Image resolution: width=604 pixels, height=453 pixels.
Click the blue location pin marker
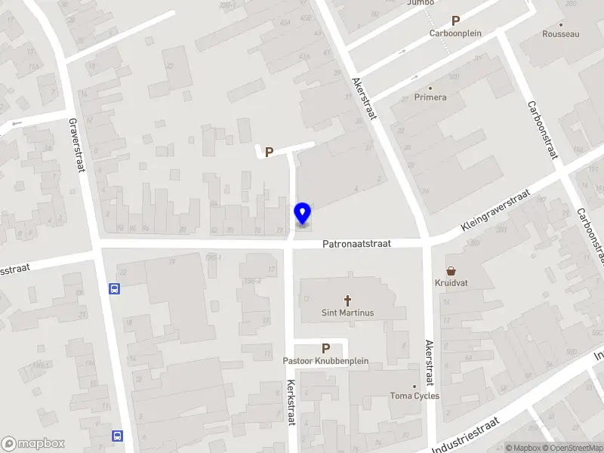point(303,214)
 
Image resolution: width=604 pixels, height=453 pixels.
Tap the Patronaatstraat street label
point(356,244)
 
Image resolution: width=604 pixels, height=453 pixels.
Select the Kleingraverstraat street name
point(496,211)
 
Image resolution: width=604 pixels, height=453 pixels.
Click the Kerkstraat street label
point(290,401)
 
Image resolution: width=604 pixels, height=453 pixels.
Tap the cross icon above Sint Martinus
point(348,300)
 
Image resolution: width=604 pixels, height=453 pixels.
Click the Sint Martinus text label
point(348,313)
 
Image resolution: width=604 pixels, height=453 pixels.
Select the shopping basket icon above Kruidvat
point(451,270)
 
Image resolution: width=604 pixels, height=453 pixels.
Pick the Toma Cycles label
point(414,396)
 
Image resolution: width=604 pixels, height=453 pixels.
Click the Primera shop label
point(430,97)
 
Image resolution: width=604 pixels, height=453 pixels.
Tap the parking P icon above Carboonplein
point(455,21)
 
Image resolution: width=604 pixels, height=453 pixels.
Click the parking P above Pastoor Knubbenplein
point(326,348)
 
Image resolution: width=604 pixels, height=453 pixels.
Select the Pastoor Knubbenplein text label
point(326,361)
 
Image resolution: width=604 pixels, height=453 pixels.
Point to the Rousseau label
point(561,34)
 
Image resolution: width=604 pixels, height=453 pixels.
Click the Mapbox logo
point(33,444)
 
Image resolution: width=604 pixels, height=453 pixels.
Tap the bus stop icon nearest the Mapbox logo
point(118,436)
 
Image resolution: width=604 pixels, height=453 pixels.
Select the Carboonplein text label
point(455,33)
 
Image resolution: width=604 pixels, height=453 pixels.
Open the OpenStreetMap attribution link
point(576,448)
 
